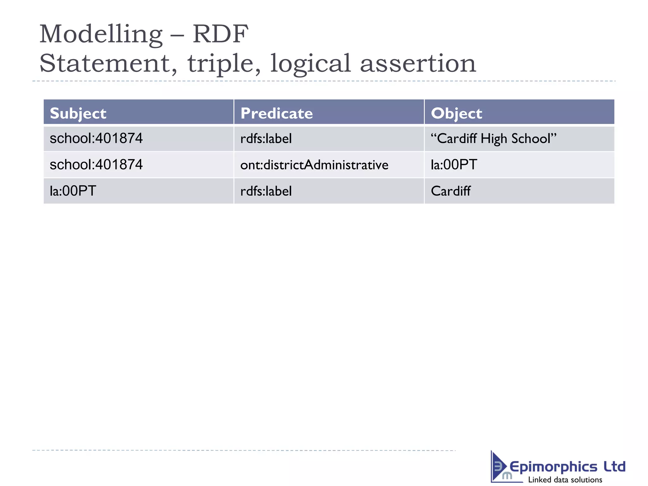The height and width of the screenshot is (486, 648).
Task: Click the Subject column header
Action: [78, 113]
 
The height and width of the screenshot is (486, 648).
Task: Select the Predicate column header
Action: [277, 113]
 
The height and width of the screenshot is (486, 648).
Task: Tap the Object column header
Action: [456, 113]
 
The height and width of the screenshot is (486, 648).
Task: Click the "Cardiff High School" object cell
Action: [493, 139]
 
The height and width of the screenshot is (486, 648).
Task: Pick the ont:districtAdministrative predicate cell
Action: [314, 165]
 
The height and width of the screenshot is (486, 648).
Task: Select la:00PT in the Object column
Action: [454, 165]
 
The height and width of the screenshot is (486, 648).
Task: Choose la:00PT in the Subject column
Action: [73, 191]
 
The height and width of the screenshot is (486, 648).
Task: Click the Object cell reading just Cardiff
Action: [451, 191]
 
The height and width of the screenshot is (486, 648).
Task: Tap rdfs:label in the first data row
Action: [266, 139]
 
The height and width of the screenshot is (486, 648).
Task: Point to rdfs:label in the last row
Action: [266, 191]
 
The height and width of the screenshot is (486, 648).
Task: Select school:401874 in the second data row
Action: [96, 165]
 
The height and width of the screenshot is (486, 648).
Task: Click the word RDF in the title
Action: [221, 34]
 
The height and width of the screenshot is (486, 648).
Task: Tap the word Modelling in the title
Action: [101, 34]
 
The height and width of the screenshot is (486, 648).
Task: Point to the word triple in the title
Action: [224, 63]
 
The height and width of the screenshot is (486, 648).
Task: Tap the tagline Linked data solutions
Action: [565, 480]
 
